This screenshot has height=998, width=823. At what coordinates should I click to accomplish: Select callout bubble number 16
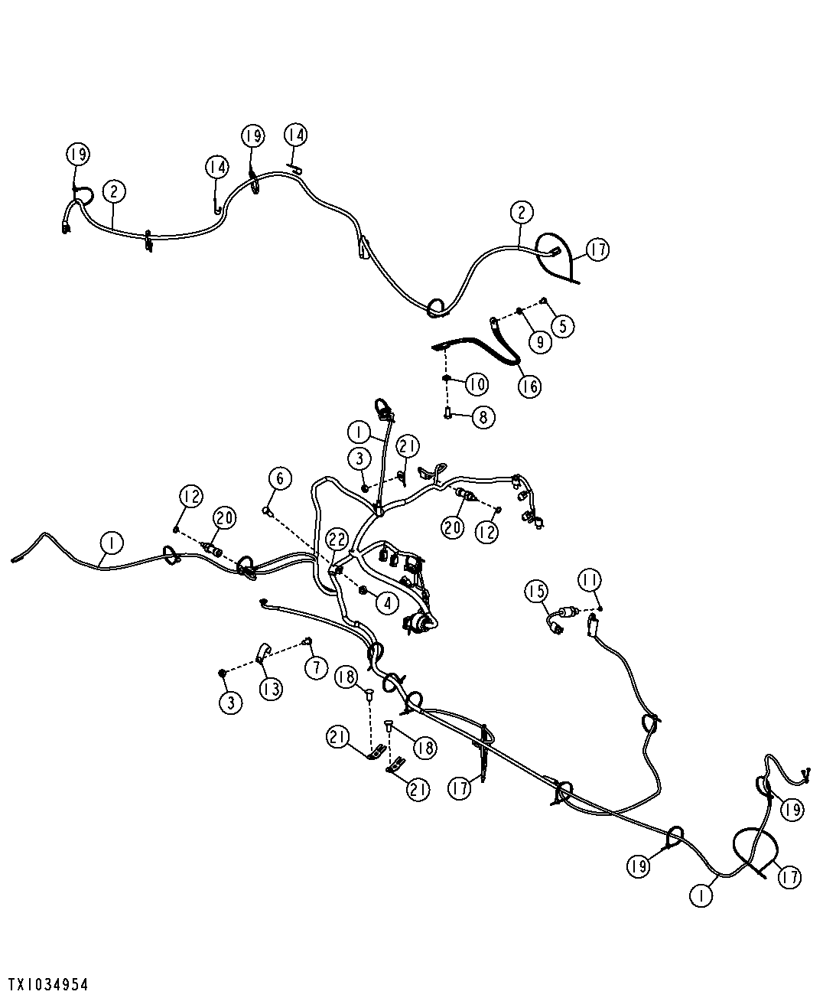[x=529, y=386]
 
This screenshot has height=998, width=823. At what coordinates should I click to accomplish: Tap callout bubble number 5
[x=563, y=327]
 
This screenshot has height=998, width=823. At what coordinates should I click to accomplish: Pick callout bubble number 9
[x=540, y=342]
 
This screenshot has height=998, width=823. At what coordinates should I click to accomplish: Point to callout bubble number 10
[x=477, y=383]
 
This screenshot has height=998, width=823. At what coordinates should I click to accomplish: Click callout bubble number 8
[x=483, y=417]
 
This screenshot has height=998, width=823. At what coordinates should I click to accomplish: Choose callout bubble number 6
[x=280, y=478]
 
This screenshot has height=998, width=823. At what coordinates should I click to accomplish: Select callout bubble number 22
[x=337, y=540]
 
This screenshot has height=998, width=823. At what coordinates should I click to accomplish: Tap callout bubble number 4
[x=387, y=603]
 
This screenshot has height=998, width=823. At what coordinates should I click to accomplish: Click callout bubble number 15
[x=536, y=592]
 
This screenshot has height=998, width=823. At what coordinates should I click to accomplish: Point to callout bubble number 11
[x=590, y=580]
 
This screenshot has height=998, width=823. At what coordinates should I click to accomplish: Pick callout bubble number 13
[x=271, y=689]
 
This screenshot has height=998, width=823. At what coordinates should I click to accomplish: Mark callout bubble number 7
[x=316, y=667]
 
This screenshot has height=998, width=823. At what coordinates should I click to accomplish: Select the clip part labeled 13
[x=262, y=652]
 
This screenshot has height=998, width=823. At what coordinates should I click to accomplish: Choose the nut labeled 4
[x=363, y=591]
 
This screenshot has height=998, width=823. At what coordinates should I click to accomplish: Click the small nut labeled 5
[x=543, y=301]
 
